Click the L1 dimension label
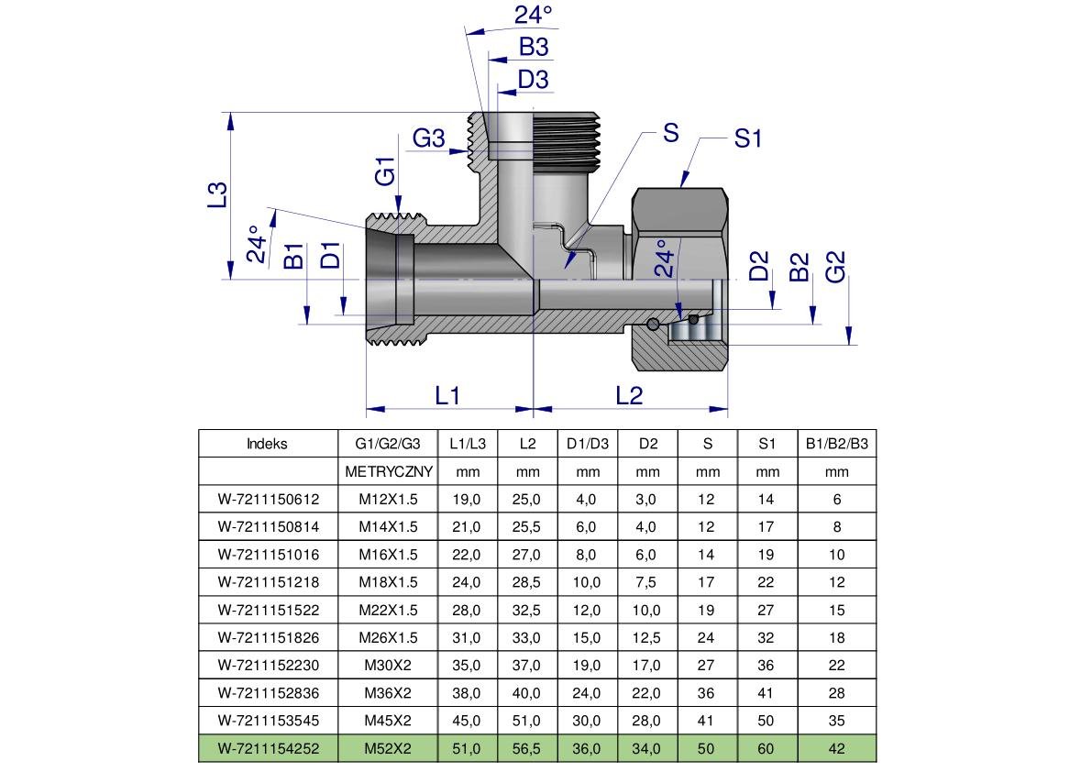pos(447,395)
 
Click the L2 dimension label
pos(629,395)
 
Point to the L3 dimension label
pos(218,194)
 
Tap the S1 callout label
pos(748,138)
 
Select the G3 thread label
pos(428,138)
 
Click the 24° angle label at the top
pos(534,14)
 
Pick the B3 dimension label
pos(534,47)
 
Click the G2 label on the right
pos(835,267)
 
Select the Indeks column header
pos(267,444)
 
